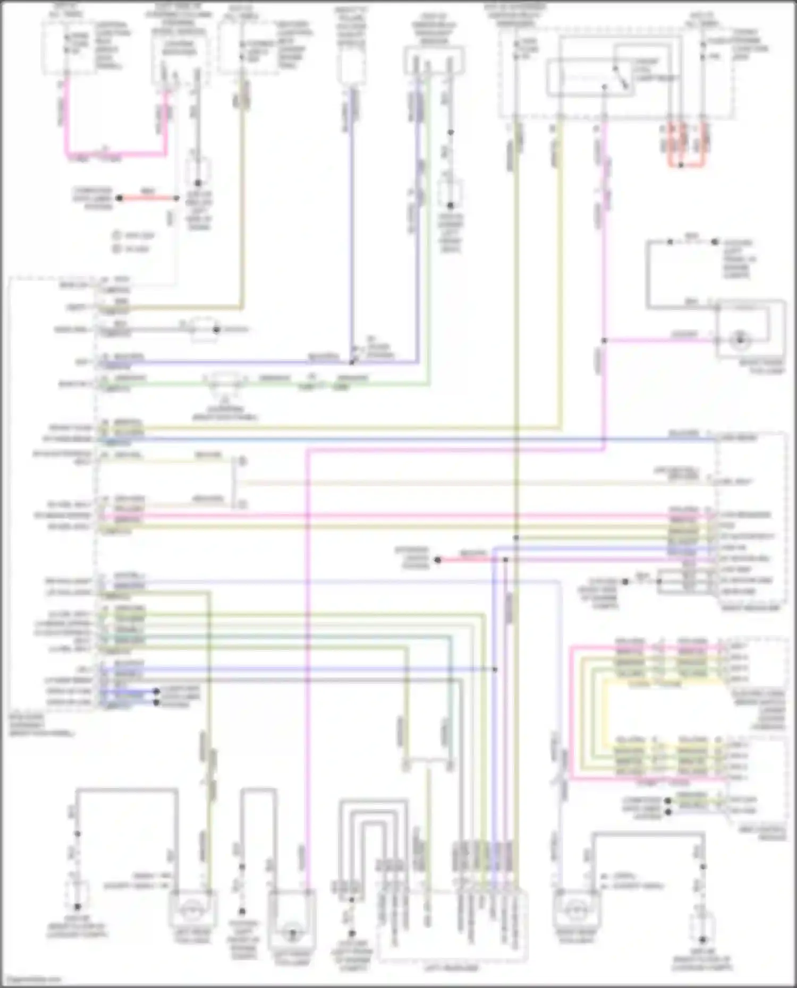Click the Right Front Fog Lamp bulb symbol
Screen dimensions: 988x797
(739, 340)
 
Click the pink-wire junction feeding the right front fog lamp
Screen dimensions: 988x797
(604, 340)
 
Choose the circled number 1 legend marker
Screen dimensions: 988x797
(116, 235)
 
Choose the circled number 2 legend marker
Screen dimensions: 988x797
(116, 248)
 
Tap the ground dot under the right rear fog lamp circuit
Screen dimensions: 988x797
(702, 938)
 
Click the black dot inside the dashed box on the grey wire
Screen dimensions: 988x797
(216, 330)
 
